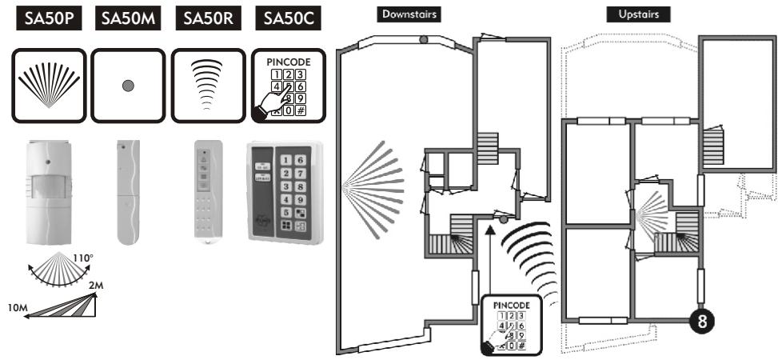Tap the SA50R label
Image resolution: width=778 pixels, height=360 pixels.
click(208, 21)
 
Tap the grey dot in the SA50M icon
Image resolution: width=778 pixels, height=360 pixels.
click(128, 86)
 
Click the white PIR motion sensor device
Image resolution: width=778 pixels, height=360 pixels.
click(50, 193)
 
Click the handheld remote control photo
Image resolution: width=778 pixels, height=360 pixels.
click(207, 191)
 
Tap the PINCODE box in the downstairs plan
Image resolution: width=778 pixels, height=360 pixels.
click(511, 324)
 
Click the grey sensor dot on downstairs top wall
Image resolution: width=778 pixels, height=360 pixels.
click(424, 38)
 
